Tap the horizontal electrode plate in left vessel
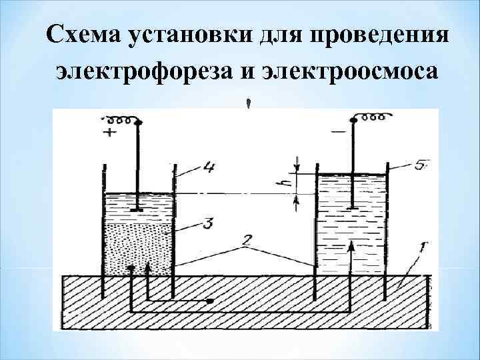(x=137, y=210)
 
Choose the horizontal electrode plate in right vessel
(x=350, y=210)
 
